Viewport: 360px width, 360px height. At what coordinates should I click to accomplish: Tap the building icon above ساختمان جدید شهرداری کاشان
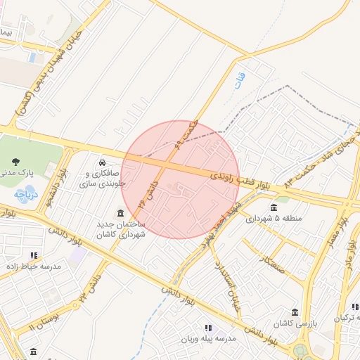click(122, 212)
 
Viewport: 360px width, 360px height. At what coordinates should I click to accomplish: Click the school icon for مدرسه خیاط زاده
click(34, 255)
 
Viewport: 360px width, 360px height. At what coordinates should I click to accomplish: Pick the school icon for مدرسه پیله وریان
click(207, 328)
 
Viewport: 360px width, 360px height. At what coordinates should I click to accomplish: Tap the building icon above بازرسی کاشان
click(294, 311)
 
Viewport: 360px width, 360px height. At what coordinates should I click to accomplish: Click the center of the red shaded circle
click(181, 179)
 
